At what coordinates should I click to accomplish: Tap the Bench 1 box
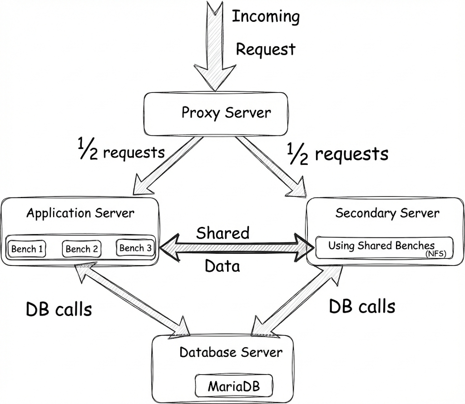(x=27, y=249)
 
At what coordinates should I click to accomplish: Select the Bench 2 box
(x=82, y=249)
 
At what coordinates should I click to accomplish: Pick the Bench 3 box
(x=135, y=248)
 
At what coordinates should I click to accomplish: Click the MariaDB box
(x=234, y=386)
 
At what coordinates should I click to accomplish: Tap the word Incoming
(x=266, y=16)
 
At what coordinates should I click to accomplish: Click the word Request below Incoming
(x=266, y=49)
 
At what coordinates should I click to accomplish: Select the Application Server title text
(x=80, y=213)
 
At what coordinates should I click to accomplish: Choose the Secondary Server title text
(x=387, y=213)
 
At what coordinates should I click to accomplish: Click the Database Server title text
(x=231, y=352)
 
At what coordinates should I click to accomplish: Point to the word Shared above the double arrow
(x=223, y=233)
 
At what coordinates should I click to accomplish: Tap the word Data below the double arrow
(x=222, y=266)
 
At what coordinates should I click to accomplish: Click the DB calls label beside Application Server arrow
(x=59, y=309)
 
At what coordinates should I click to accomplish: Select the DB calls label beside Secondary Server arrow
(x=362, y=306)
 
